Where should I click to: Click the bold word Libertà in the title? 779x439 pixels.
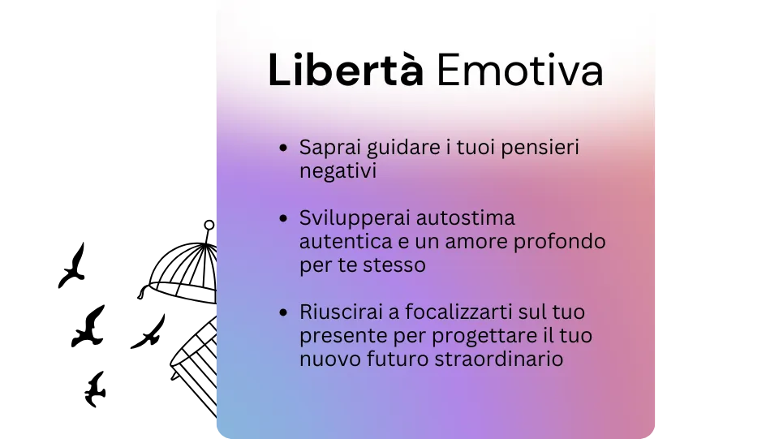(346, 70)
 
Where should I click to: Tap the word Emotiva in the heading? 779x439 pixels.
(519, 70)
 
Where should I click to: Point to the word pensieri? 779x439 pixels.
(540, 148)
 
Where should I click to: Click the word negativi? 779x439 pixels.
(338, 172)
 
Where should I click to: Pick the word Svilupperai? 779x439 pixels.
(355, 219)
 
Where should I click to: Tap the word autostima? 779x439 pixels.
(466, 218)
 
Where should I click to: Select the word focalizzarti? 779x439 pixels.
(458, 312)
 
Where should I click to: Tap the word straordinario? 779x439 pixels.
(499, 359)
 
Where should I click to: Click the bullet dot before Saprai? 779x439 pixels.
(284, 148)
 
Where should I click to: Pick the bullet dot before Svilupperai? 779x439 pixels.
(284, 218)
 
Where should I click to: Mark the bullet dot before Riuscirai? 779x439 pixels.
(284, 312)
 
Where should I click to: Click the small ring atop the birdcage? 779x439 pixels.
(209, 225)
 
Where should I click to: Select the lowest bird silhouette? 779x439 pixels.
(95, 390)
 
